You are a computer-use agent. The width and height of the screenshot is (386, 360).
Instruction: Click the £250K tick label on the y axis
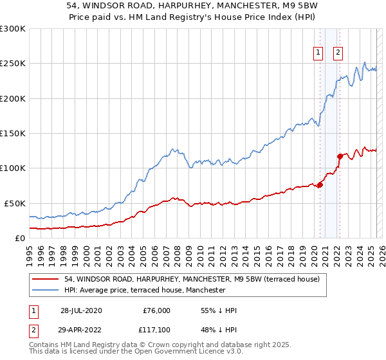[13, 64]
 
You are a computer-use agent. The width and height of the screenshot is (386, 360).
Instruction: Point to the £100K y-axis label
[13, 168]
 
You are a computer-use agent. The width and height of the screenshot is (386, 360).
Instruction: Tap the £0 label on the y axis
[21, 238]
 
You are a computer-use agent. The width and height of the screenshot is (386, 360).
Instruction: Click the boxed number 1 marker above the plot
[318, 53]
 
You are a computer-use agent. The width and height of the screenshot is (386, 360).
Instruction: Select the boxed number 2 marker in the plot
[338, 53]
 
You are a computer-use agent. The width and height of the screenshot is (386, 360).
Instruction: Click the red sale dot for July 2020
[320, 185]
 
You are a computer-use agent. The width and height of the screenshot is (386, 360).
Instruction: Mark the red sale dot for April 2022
[340, 156]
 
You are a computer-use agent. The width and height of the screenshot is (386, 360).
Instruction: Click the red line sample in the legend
[45, 279]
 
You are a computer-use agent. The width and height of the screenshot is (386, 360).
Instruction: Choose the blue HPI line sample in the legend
[45, 290]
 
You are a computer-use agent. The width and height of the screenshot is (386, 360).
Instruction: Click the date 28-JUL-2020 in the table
[80, 310]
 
